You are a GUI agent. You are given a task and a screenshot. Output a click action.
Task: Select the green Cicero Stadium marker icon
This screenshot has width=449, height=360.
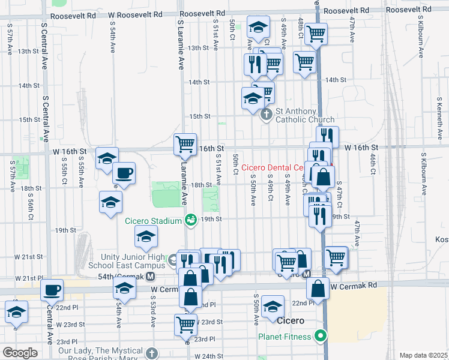pyautogui.click(x=190, y=221)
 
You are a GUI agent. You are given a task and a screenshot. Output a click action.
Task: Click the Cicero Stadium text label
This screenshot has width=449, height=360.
pyautogui.click(x=153, y=221)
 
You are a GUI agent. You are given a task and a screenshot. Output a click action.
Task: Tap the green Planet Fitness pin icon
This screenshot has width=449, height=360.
pyautogui.click(x=321, y=336)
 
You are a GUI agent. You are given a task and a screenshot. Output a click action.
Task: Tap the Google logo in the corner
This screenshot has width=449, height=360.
pyautogui.click(x=20, y=352)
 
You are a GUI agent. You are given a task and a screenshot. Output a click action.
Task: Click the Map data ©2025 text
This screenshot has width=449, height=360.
pyautogui.click(x=423, y=355)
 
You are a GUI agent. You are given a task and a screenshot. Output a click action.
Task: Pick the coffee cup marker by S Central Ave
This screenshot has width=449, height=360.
pyautogui.click(x=52, y=289)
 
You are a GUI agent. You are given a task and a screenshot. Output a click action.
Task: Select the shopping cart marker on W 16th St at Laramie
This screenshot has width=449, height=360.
pyautogui.click(x=185, y=144)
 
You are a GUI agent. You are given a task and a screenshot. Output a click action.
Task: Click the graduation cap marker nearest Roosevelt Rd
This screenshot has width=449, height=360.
pyautogui.click(x=258, y=27)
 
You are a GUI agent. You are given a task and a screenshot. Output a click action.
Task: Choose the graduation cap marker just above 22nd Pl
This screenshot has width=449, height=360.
pyautogui.click(x=273, y=306)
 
